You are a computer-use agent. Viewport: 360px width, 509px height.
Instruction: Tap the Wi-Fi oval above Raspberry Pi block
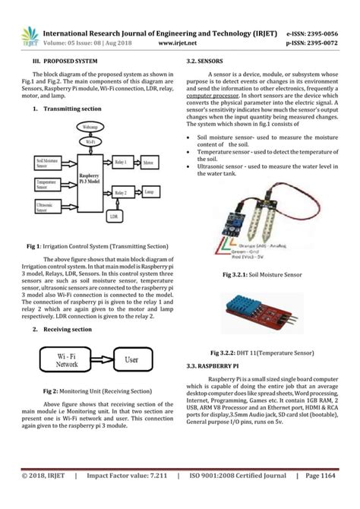coord(90,141)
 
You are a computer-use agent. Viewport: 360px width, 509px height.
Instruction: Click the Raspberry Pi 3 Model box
coord(90,176)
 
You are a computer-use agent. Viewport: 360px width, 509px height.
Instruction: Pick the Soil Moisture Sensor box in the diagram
coord(47,162)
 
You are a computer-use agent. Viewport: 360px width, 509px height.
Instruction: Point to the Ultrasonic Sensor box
coord(47,205)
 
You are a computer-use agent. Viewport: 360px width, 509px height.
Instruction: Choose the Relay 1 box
coord(121,162)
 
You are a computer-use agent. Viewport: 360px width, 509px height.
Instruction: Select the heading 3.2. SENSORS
coord(204,58)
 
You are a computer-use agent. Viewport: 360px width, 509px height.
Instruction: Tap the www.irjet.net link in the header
coord(179,44)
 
